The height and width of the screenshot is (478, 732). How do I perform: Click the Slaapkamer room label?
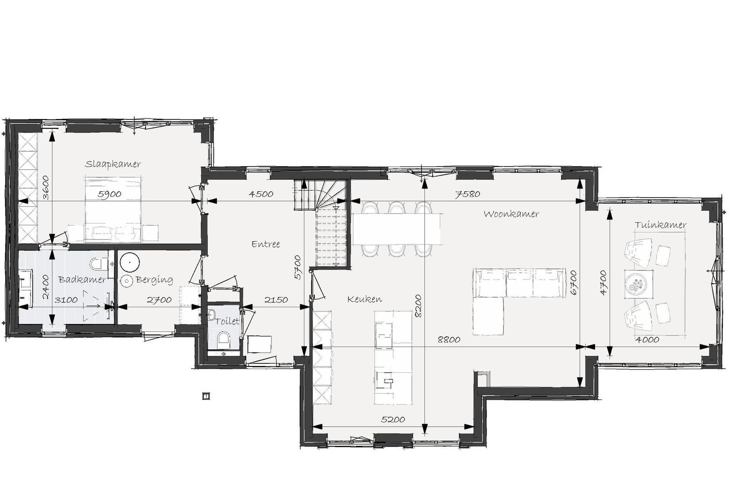[x=113, y=164]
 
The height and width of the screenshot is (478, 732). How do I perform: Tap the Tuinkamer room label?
[x=660, y=225]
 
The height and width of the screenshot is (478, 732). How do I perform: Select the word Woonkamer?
[x=511, y=214]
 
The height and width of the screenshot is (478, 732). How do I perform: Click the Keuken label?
[x=364, y=299]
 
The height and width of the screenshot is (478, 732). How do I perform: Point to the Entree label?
[x=266, y=244]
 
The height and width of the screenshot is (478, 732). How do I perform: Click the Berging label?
[x=154, y=280]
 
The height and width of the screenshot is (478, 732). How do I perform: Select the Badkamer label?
[x=82, y=280]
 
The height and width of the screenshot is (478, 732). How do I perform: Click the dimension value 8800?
[x=449, y=340]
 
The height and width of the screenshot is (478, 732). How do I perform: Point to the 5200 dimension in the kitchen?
[x=393, y=420]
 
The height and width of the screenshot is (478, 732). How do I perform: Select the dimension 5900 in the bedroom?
[x=109, y=194]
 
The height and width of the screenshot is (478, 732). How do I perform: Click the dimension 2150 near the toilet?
[x=276, y=300]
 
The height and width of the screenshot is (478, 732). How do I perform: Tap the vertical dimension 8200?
[x=418, y=305]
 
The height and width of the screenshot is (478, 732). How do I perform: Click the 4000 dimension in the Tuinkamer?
[x=647, y=340]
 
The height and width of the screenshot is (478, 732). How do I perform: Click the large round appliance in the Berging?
[x=130, y=262]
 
